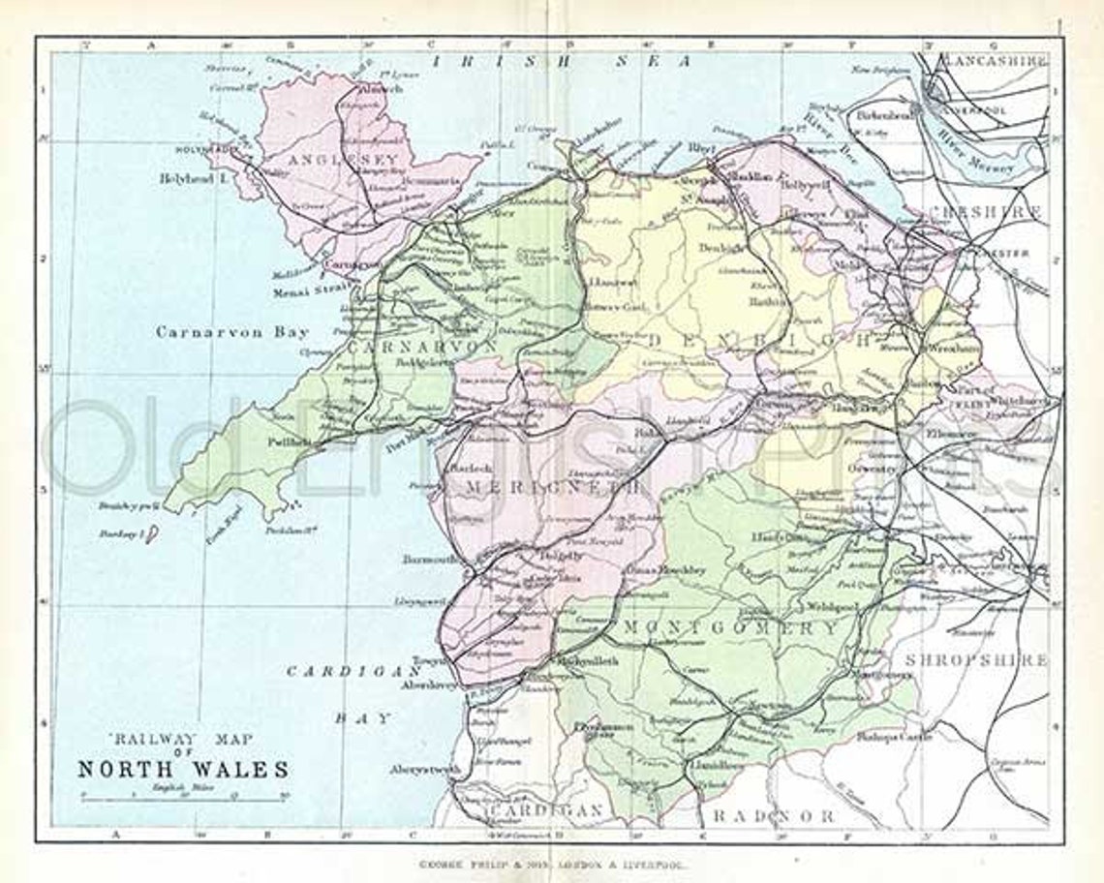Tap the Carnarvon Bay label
point(232,332)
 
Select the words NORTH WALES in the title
point(183,770)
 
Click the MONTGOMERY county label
point(730,627)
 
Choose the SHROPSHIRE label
point(976,660)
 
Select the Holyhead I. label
point(191,179)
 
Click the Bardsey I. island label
point(121,533)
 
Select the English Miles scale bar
point(182,797)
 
